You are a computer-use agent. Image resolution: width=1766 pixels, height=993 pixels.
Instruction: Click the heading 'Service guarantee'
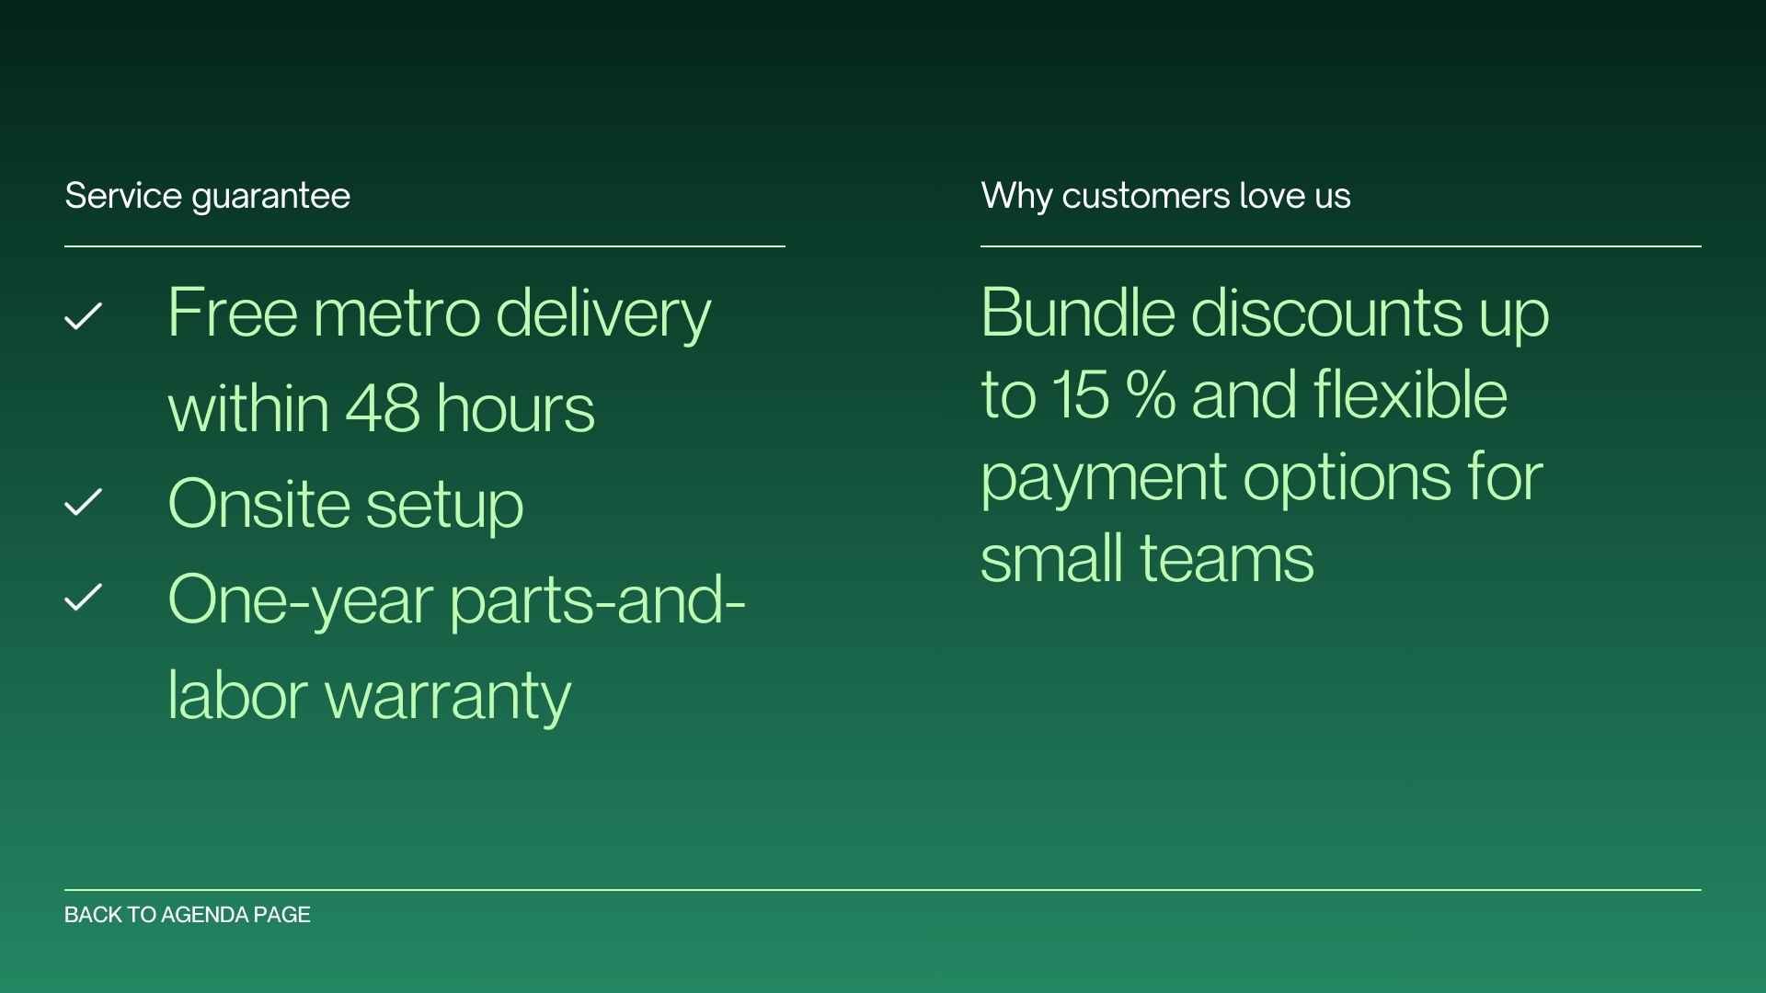[207, 196]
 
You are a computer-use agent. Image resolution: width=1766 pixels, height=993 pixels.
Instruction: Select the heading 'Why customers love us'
[1165, 196]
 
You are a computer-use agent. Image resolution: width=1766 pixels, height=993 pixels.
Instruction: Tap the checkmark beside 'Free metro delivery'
[83, 316]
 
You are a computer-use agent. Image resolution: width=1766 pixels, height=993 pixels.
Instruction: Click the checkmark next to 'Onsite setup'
[83, 502]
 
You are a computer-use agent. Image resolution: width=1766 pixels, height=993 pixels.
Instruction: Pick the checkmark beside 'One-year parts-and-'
[83, 598]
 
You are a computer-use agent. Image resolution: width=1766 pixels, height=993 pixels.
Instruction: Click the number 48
[383, 408]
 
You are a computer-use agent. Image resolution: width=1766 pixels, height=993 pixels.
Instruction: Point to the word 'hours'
[515, 408]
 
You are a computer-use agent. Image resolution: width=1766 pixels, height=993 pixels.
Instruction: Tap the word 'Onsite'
[258, 504]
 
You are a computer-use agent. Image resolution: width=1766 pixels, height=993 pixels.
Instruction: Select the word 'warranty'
[448, 695]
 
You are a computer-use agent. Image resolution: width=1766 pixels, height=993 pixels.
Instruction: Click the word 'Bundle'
[1077, 313]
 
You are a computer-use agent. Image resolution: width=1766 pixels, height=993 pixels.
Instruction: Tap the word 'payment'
[1103, 478]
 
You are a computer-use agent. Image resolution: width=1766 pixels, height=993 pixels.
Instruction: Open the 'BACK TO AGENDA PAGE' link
[188, 915]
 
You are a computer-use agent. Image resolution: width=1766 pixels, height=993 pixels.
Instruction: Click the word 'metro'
[396, 314]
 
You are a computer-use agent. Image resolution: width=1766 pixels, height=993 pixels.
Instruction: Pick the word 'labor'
[237, 695]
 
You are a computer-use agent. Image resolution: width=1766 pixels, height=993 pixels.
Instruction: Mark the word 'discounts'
[1324, 313]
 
